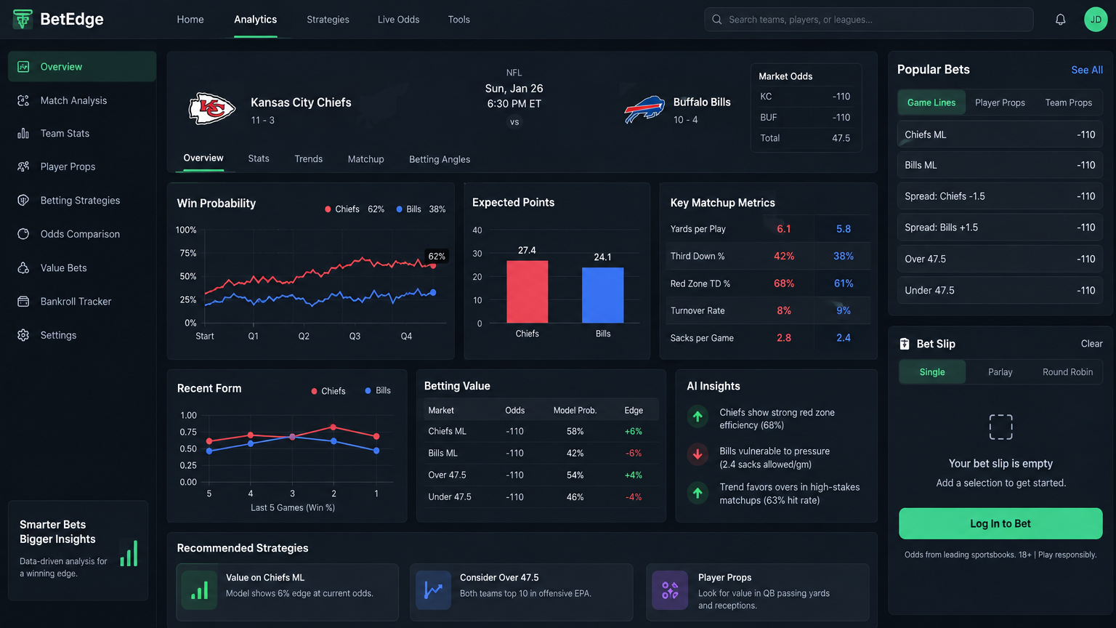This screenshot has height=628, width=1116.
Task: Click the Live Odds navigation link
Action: (x=398, y=20)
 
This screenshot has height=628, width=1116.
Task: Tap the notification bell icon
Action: (x=1060, y=20)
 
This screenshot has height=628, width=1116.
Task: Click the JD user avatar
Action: (x=1096, y=20)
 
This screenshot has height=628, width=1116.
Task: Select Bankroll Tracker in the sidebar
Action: (x=76, y=302)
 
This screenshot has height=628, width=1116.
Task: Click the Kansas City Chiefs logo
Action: (x=211, y=108)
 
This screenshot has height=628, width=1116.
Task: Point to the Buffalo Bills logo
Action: (x=644, y=108)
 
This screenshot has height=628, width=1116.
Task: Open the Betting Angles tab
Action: (x=440, y=159)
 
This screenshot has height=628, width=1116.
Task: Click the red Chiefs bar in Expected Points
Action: (x=527, y=291)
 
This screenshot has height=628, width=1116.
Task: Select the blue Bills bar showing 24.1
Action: (x=603, y=295)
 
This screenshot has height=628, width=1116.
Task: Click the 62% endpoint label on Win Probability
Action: (x=437, y=256)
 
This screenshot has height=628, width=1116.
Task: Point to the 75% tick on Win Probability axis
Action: (x=188, y=253)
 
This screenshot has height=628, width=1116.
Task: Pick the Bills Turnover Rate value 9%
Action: (x=843, y=310)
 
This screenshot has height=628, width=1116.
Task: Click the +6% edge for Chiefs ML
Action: (x=634, y=432)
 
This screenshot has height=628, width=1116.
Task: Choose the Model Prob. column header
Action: (x=575, y=410)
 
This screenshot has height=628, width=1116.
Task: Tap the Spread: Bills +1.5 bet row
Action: (x=1000, y=228)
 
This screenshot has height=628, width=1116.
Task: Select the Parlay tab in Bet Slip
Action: (x=1000, y=372)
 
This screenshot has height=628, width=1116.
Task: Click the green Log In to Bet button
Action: (x=1000, y=523)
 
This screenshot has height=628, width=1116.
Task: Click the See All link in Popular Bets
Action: (x=1087, y=71)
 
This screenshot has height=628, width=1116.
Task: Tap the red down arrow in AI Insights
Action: (x=697, y=454)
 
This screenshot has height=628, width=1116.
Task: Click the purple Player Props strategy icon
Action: (x=670, y=590)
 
